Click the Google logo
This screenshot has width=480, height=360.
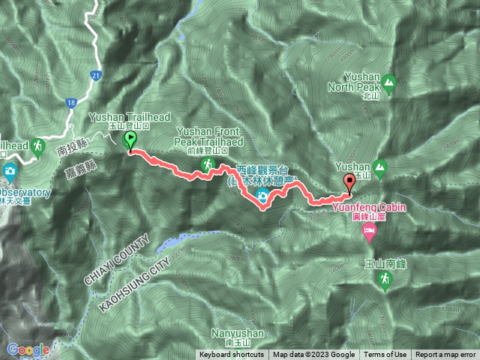pyautogui.click(x=28, y=349)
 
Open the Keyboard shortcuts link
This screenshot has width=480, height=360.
pyautogui.click(x=231, y=355)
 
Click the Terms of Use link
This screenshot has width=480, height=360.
pyautogui.click(x=391, y=355)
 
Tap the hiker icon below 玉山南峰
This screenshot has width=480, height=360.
pyautogui.click(x=383, y=280)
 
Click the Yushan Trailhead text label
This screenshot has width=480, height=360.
pyautogui.click(x=129, y=118)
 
